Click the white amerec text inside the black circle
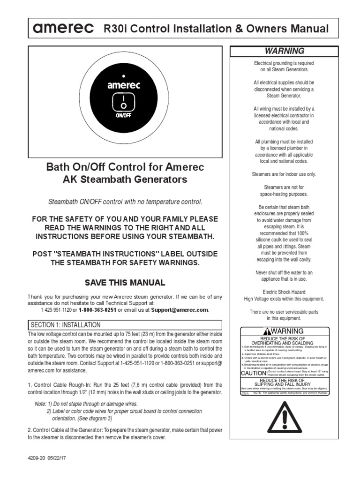point(122,86)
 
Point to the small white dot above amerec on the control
point(122,75)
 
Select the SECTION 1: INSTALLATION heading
point(65,324)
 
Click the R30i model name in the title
point(112,29)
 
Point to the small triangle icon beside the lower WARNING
point(267,331)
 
